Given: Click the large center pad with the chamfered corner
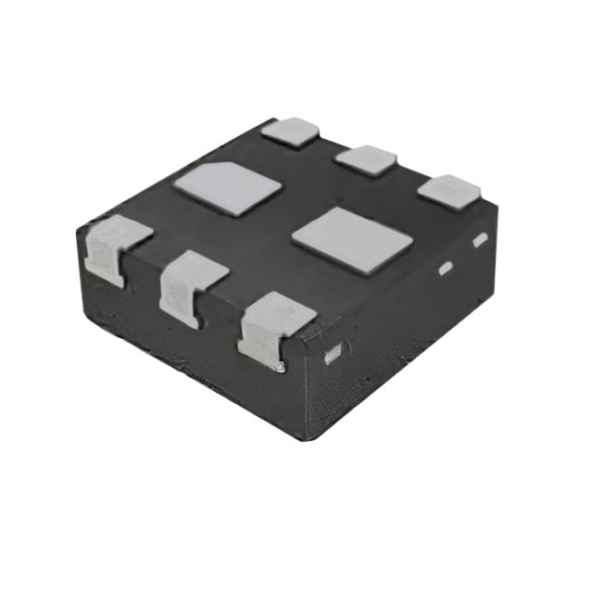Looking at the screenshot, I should point(227,188).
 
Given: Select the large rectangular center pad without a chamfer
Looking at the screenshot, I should point(353,239).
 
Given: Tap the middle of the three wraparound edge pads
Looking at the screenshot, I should point(189,283).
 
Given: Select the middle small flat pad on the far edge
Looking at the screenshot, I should point(366,159).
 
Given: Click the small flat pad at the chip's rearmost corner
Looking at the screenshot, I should point(290,130).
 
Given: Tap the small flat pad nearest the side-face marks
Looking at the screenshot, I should point(449,190).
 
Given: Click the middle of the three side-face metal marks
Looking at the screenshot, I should point(445,268).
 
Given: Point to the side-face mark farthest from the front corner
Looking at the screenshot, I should point(480,240).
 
